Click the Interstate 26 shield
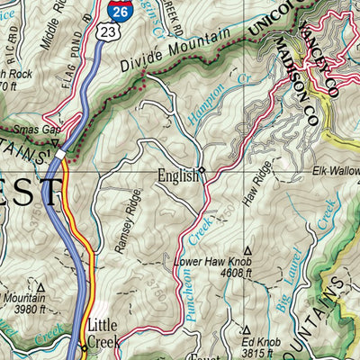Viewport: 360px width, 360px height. tap(121, 11)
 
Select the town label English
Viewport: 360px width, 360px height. tap(176, 176)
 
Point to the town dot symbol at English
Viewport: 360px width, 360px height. tap(202, 169)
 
